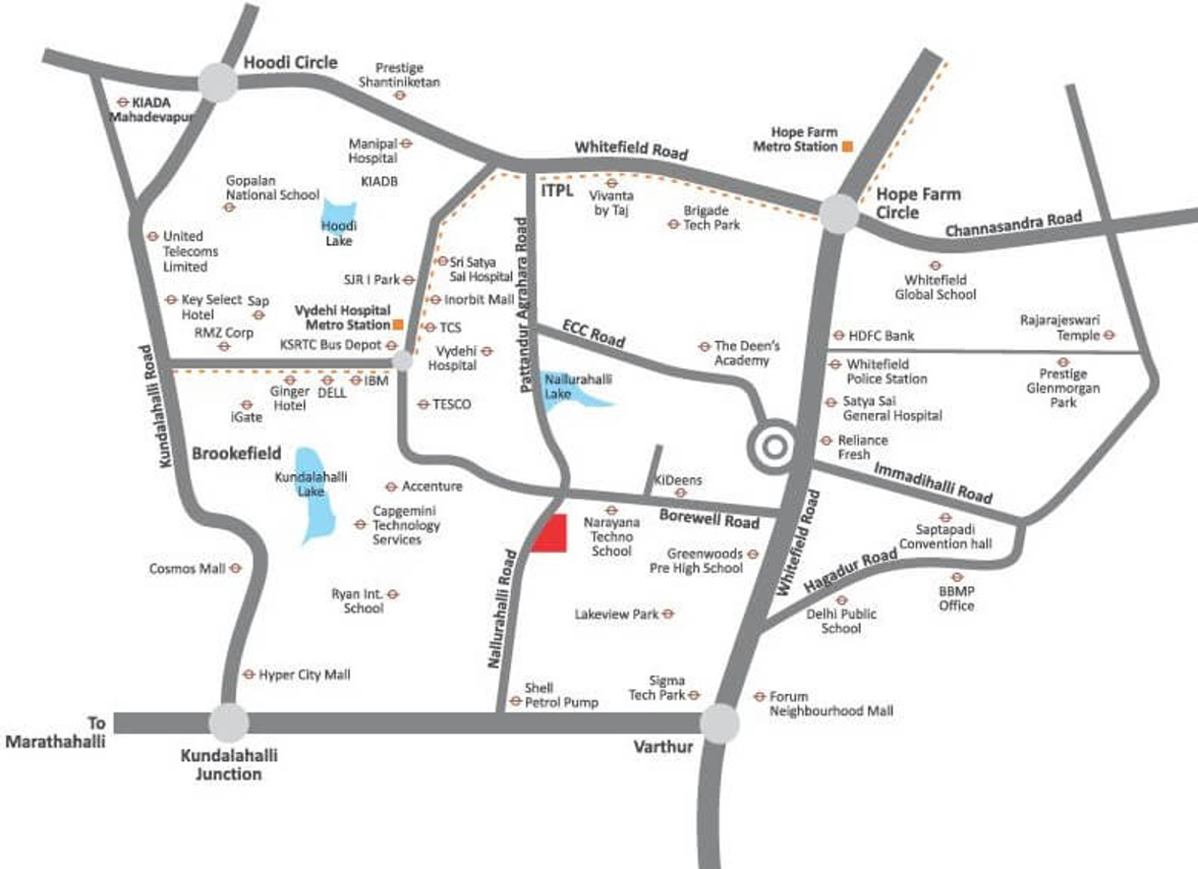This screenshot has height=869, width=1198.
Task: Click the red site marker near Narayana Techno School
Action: point(549,533)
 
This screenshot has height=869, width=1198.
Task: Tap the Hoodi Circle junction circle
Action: point(218,82)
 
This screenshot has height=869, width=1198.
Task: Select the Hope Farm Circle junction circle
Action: point(839,214)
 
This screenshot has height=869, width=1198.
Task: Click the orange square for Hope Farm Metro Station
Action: point(846,146)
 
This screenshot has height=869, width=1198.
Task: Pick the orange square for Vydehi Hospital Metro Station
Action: point(398,325)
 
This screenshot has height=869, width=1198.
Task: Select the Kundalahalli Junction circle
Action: point(229,723)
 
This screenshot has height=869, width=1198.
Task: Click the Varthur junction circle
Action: point(719,724)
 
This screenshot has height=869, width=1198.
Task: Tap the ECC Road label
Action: point(593,335)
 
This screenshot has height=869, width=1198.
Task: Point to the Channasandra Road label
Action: point(1014,225)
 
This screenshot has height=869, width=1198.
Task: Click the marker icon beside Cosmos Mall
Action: point(236,568)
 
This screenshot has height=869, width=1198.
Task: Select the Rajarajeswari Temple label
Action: point(1061,328)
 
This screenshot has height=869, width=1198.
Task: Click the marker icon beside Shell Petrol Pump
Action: point(515,702)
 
